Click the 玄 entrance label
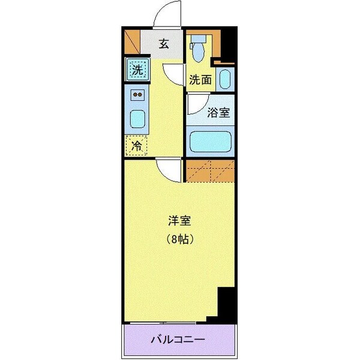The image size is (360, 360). pyautogui.click(x=163, y=43)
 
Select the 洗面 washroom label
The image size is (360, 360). pyautogui.click(x=200, y=79)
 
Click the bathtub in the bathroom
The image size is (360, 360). pyautogui.click(x=210, y=142)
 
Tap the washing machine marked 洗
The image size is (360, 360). pyautogui.click(x=137, y=70)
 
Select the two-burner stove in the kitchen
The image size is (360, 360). pyautogui.click(x=138, y=95)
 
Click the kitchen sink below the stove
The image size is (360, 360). pyautogui.click(x=138, y=118)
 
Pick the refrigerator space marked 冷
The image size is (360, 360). pyautogui.click(x=137, y=145)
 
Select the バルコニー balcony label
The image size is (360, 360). pyautogui.click(x=178, y=340)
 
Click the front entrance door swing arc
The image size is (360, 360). pyautogui.click(x=166, y=13)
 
